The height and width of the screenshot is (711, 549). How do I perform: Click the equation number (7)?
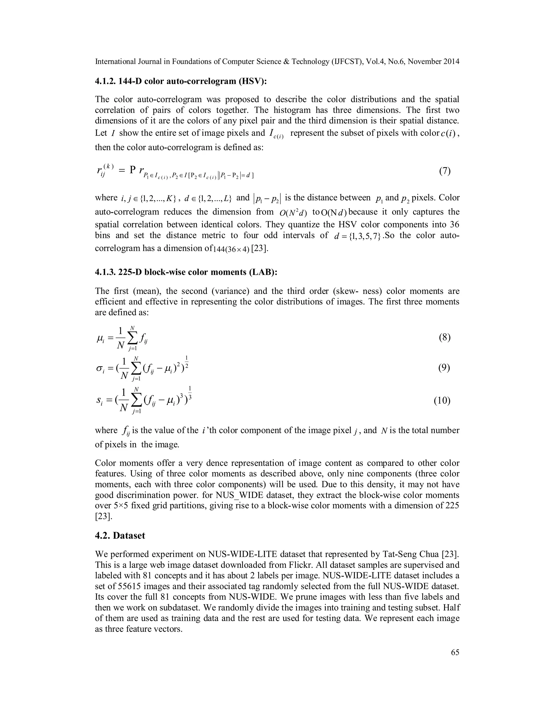click(x=445, y=171)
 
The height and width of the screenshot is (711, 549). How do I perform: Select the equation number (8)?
click(x=445, y=338)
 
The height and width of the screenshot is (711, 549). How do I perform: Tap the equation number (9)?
click(x=445, y=368)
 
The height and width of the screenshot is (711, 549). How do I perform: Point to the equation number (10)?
click(x=442, y=400)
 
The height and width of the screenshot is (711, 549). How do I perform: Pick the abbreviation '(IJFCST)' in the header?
click(x=346, y=61)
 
